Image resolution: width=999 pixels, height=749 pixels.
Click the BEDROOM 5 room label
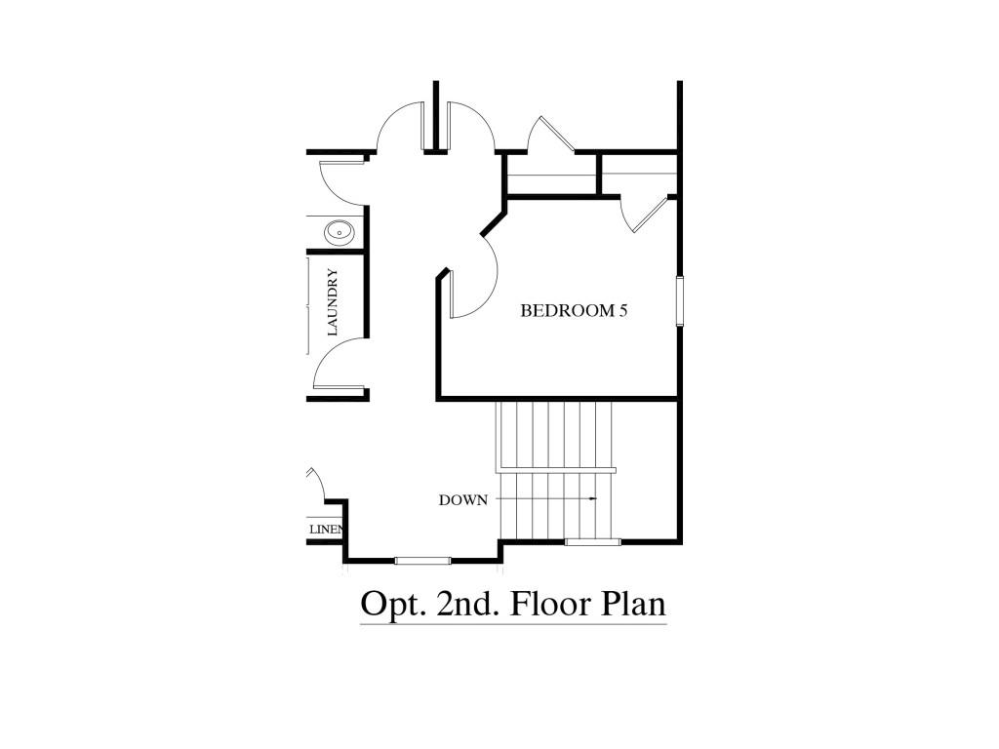point(573,311)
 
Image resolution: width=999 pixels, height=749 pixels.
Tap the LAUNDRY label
point(333,302)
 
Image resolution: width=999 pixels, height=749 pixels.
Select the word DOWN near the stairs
point(462,500)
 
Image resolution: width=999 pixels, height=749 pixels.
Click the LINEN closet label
point(326,530)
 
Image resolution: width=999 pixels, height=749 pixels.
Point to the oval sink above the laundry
point(339,231)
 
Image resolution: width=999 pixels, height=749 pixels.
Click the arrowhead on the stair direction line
point(592,499)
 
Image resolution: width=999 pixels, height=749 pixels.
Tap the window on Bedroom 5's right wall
point(679,299)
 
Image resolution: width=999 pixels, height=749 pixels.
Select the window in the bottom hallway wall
point(423,560)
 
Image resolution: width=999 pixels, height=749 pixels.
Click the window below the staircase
point(593,541)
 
